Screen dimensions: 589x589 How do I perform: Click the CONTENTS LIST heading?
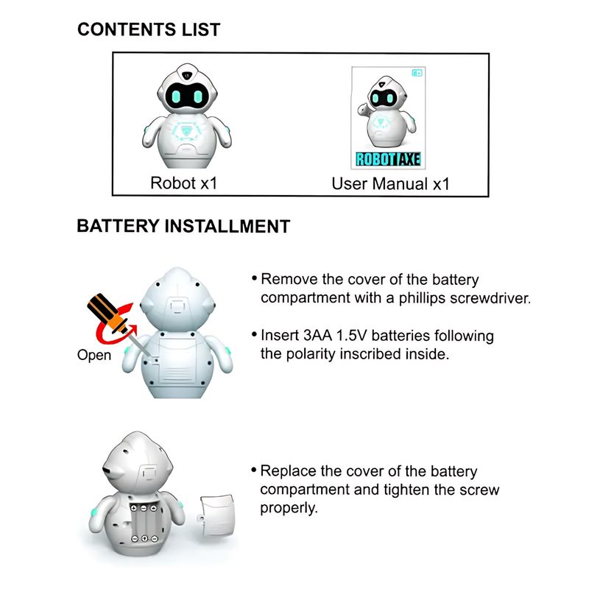(x=149, y=29)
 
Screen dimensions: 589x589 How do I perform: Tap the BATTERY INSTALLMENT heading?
(x=183, y=226)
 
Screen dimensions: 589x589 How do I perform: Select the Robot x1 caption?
(x=183, y=183)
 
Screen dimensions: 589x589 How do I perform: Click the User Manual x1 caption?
(x=390, y=183)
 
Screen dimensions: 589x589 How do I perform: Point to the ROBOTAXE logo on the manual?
(x=388, y=159)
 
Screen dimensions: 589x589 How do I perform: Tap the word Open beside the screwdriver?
(x=94, y=355)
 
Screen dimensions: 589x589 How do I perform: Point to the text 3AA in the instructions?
(x=317, y=336)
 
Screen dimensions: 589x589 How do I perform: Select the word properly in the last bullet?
(x=289, y=508)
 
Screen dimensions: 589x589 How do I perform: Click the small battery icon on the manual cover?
(x=417, y=73)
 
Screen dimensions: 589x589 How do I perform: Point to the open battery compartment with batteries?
(x=144, y=523)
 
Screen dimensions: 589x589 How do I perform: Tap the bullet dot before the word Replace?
(x=254, y=470)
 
